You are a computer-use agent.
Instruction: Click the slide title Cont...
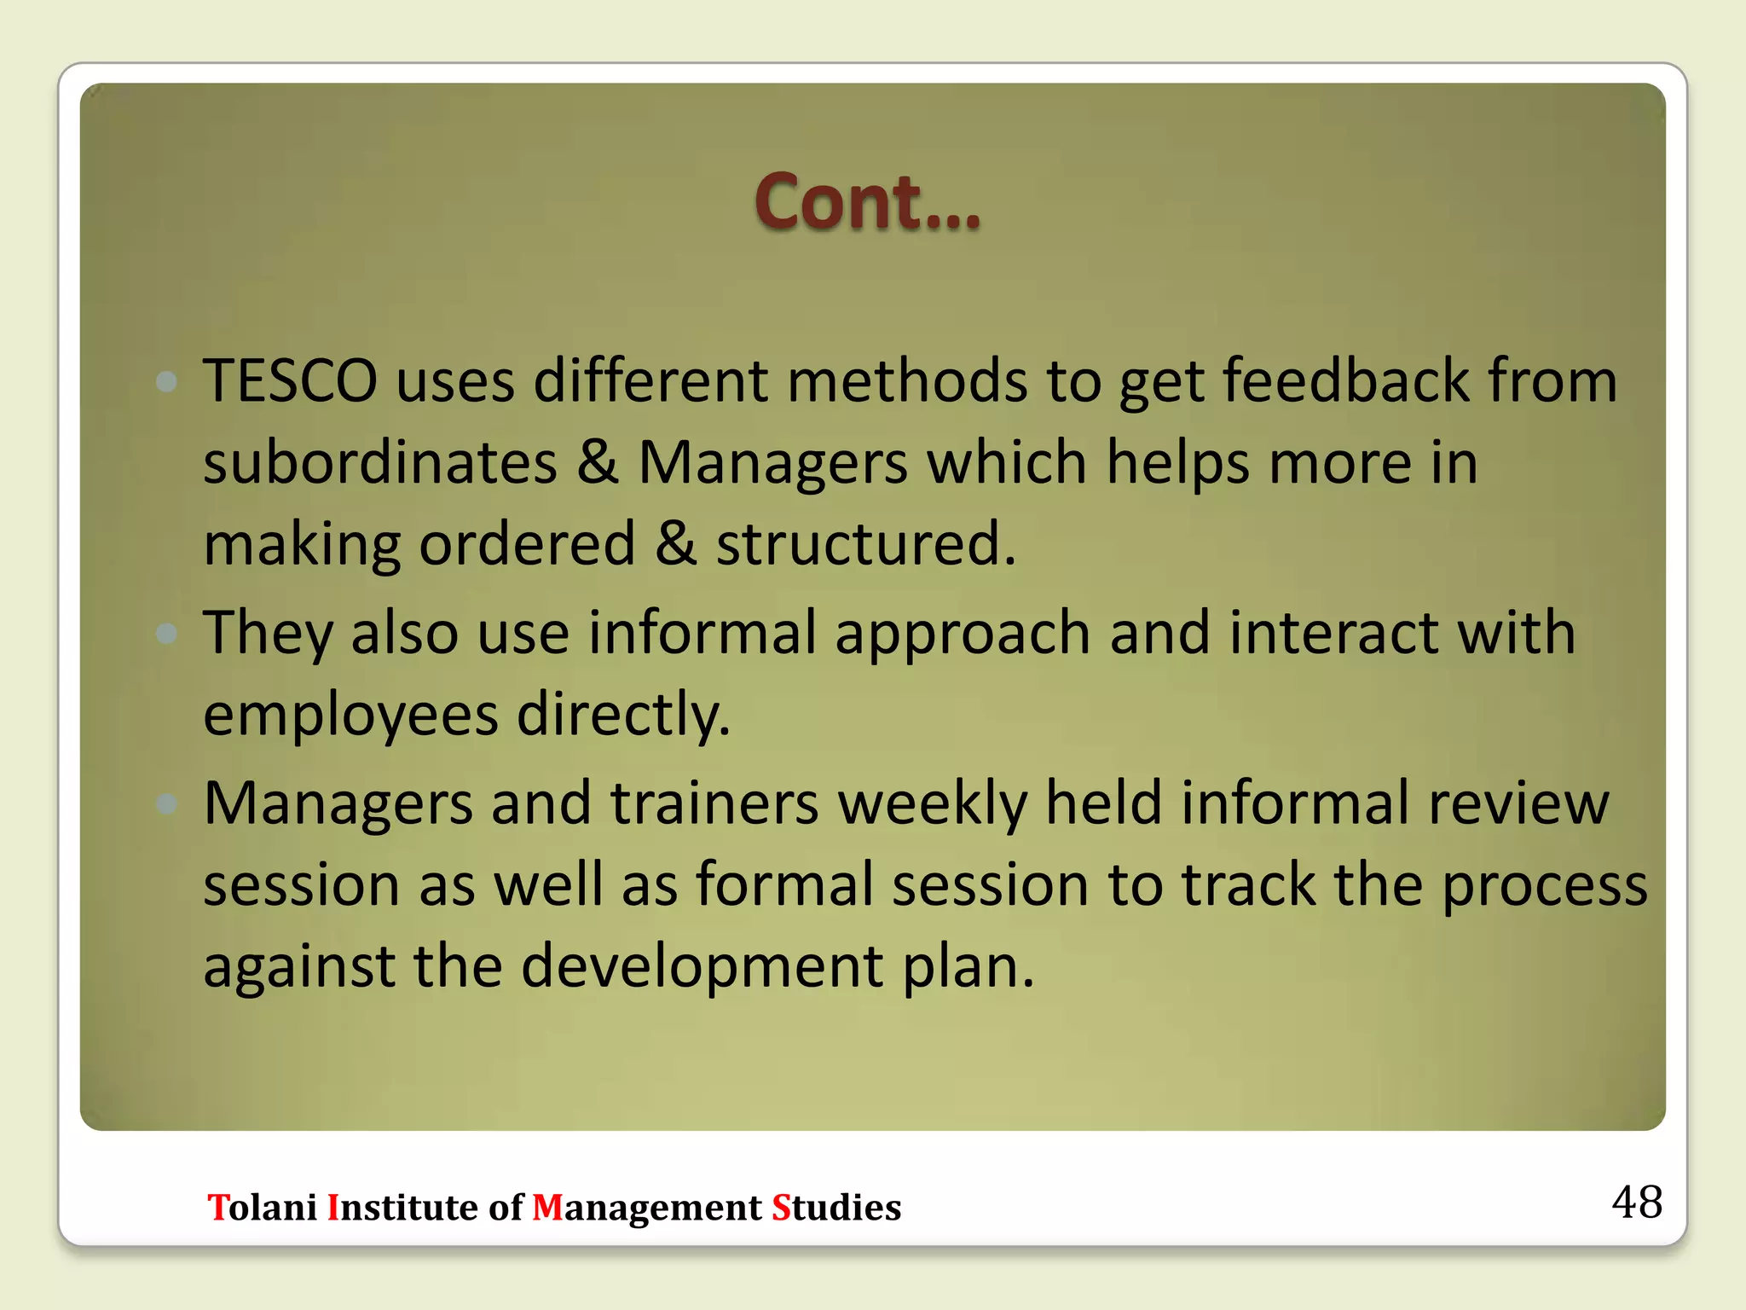(x=867, y=203)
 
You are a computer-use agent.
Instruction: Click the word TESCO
(x=290, y=380)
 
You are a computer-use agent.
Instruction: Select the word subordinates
(x=380, y=462)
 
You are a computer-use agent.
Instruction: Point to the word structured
(x=865, y=544)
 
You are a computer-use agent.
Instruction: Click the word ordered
(x=527, y=544)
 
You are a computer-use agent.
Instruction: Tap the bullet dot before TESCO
(x=167, y=381)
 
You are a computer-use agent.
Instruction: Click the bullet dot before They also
(x=167, y=634)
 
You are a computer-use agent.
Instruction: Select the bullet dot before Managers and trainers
(x=167, y=803)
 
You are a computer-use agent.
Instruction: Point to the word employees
(x=350, y=715)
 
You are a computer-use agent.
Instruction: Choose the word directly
(x=624, y=715)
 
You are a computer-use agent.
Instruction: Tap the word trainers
(x=714, y=803)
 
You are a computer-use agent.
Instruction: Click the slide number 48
(x=1636, y=1202)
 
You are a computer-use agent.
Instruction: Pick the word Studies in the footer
(x=835, y=1208)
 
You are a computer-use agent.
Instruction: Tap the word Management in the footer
(x=646, y=1208)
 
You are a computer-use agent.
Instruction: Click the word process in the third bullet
(x=1544, y=885)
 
